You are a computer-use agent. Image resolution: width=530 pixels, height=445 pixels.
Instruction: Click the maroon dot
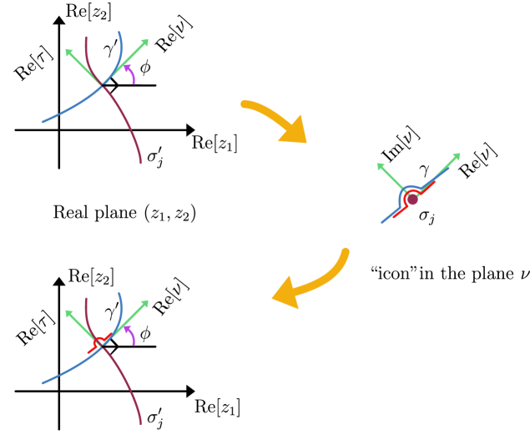pos(412,200)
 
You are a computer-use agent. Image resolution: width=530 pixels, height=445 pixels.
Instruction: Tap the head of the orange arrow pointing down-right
pos(295,134)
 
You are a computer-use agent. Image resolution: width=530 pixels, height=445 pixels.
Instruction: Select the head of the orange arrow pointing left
pos(284,294)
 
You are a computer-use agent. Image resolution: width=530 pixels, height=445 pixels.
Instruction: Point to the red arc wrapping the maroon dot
pos(406,201)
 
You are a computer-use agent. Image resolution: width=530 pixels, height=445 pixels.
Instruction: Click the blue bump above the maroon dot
pos(408,188)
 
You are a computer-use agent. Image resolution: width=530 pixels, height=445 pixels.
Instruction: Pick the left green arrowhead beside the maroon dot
pos(381,166)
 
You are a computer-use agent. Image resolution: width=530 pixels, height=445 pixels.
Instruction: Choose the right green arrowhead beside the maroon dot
pos(456,156)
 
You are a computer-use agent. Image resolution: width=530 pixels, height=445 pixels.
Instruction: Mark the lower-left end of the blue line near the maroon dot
pos(382,222)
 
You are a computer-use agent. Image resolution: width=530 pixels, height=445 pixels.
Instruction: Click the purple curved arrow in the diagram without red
pos(130,73)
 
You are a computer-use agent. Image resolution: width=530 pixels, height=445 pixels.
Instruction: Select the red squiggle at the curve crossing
pos(99,342)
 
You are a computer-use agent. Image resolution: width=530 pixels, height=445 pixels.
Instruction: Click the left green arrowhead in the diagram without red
pos(69,53)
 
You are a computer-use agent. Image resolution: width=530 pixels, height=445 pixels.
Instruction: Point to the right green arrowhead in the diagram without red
pos(144,42)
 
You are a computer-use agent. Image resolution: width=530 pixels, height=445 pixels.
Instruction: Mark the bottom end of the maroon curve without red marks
pos(141,163)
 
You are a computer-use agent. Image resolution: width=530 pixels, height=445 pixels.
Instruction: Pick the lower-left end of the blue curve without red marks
pos(43,122)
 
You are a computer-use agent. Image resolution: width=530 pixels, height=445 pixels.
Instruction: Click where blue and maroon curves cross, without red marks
pos(103,85)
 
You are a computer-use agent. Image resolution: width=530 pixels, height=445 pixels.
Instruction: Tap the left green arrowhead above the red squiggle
pos(69,314)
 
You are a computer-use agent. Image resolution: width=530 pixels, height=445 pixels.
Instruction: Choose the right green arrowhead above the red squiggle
pos(144,303)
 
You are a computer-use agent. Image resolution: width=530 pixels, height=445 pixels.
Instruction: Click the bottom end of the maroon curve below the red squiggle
pos(141,423)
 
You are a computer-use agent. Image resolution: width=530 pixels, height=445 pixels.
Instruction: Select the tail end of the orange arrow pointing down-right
pos(243,104)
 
